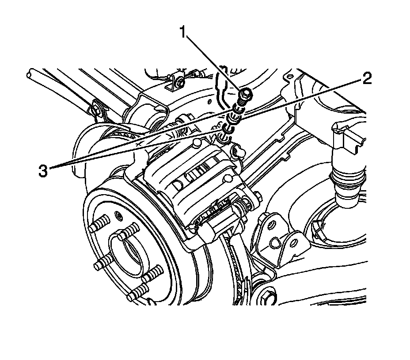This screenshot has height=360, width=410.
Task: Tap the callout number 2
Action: click(366, 79)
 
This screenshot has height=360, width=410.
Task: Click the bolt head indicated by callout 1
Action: click(245, 93)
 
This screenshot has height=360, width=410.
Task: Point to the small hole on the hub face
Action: click(118, 214)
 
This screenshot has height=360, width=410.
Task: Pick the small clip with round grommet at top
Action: click(177, 81)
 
